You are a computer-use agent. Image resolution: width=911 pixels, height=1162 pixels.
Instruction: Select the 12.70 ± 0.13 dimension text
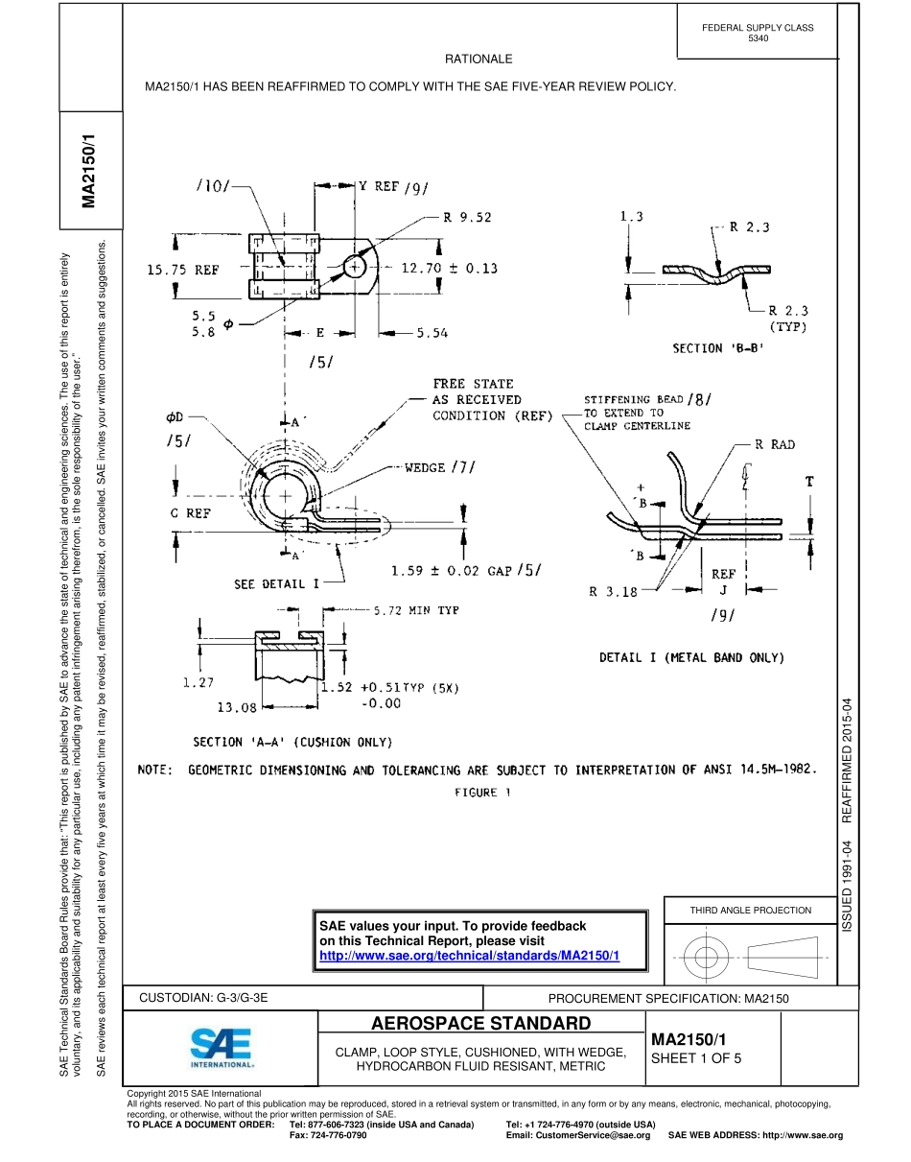tap(449, 269)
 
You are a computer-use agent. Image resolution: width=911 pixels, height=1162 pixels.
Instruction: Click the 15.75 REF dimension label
tap(182, 271)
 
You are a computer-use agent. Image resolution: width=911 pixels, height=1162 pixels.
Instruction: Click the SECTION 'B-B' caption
tap(718, 348)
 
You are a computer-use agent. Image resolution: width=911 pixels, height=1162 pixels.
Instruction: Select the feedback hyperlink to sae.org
tap(469, 957)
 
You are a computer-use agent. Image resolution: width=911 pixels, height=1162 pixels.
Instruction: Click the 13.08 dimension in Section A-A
tap(237, 707)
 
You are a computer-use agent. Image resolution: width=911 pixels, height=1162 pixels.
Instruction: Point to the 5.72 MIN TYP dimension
tap(416, 610)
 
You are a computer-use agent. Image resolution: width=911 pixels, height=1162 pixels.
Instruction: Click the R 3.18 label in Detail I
tap(613, 592)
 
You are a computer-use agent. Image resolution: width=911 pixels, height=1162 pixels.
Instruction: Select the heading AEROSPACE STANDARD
tap(480, 1023)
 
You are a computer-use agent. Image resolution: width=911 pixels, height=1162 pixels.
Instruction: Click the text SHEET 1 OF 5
tap(695, 1059)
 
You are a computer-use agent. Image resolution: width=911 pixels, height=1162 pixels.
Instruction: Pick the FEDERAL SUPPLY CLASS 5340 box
tap(757, 33)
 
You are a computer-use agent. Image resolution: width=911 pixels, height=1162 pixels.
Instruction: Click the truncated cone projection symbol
tap(788, 956)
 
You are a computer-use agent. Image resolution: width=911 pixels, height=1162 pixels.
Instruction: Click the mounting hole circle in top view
tap(356, 268)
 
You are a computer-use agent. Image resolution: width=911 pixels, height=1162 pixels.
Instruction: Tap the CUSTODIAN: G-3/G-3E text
tap(203, 998)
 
